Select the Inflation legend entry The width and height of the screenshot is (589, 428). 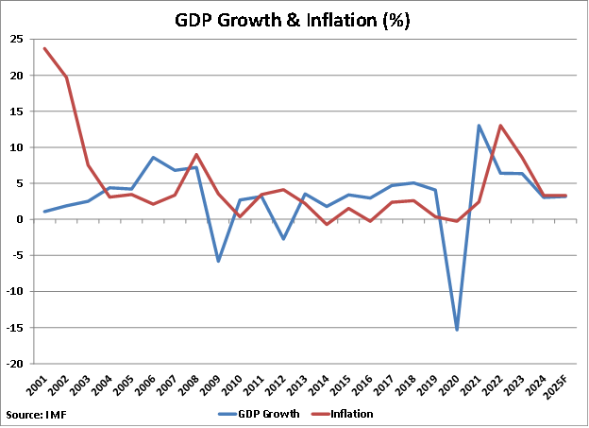[x=350, y=414]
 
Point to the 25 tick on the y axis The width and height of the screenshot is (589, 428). [x=17, y=39]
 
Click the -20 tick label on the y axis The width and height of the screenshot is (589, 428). [x=15, y=364]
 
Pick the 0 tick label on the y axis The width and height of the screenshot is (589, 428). [x=21, y=219]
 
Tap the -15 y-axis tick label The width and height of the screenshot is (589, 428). [x=15, y=328]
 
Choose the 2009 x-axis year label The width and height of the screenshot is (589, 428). [x=217, y=385]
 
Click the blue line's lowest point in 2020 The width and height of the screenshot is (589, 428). [x=458, y=330]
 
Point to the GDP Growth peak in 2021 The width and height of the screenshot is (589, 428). [x=480, y=126]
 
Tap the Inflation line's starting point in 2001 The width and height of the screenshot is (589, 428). [x=45, y=48]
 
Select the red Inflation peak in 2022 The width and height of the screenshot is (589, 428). [x=501, y=126]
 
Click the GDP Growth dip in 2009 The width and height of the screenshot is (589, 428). [x=218, y=261]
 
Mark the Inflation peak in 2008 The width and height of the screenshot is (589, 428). [x=196, y=154]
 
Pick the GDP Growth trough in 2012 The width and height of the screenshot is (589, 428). [x=283, y=239]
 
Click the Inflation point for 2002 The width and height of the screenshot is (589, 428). [x=66, y=77]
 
